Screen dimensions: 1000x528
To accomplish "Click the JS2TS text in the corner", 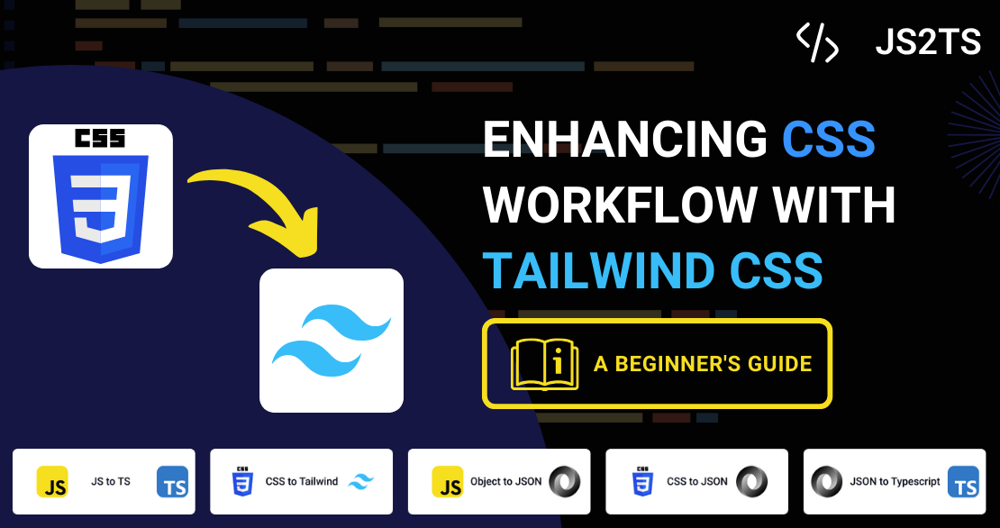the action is [x=928, y=42].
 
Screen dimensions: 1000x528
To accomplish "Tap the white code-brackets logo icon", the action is [x=817, y=42].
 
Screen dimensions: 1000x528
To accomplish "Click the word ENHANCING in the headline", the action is [x=625, y=140].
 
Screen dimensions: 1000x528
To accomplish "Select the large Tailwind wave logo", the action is [x=332, y=340].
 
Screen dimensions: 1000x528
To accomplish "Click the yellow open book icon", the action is [x=545, y=363].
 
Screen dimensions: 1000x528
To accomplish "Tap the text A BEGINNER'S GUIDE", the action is [x=703, y=363].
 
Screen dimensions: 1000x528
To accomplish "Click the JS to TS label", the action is [x=111, y=481].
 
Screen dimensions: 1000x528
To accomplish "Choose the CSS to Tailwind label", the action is [x=302, y=481].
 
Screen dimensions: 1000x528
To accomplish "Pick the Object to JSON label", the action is [x=505, y=481].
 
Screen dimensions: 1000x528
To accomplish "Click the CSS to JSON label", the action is [x=697, y=481].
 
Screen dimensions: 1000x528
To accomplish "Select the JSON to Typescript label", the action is [x=895, y=481].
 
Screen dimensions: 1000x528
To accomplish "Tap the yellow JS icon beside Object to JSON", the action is [x=448, y=481].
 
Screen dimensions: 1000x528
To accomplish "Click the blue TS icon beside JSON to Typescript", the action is [x=963, y=481].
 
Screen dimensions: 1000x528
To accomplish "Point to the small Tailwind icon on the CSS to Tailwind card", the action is [x=361, y=481].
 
